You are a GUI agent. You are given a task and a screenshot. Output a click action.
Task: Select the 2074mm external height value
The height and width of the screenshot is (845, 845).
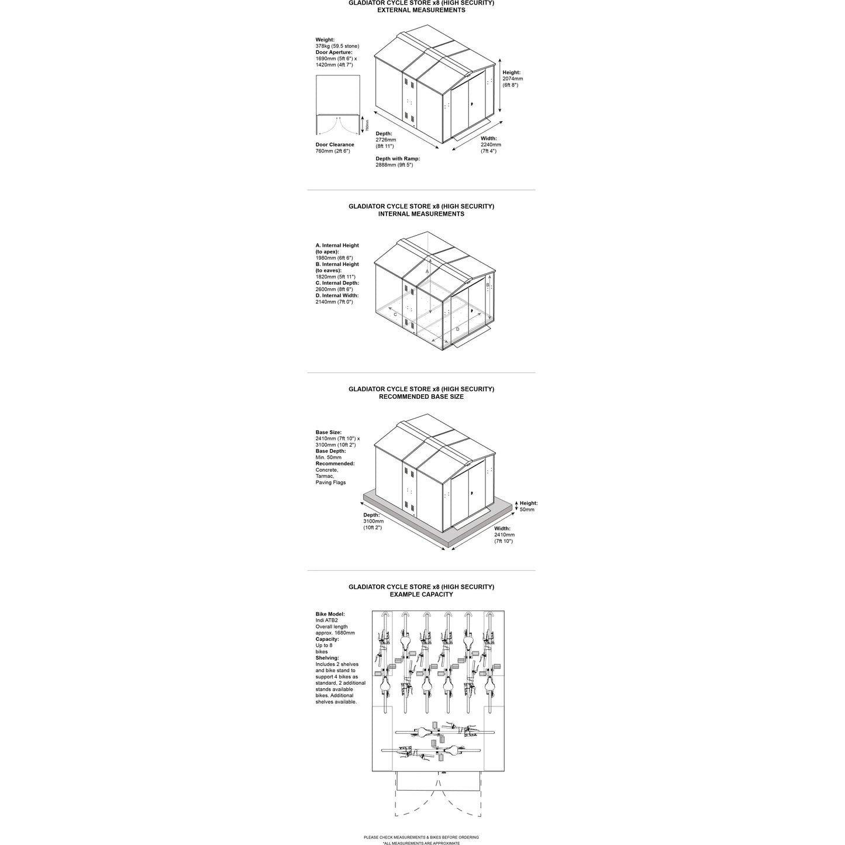pos(513,79)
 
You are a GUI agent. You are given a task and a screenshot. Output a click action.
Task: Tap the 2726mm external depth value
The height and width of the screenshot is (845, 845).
pos(386,140)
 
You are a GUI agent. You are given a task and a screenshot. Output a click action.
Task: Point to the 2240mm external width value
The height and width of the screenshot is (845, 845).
pos(491,144)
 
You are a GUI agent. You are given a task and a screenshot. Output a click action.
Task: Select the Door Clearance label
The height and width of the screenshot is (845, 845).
pos(334,144)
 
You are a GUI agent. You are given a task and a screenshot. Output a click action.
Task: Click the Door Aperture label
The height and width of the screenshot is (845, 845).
pos(334,53)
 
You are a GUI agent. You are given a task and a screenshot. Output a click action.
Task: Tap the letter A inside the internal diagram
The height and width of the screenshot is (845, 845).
pos(427,272)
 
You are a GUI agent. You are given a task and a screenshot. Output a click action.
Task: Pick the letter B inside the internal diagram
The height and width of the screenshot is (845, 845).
pos(488,285)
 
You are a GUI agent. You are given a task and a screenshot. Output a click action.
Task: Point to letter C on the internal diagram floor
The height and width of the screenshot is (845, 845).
pos(395,315)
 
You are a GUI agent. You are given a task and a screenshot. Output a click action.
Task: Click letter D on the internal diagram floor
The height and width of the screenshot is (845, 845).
pos(458,329)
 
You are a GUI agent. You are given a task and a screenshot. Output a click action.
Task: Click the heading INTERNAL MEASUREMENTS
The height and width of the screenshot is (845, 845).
pos(421,214)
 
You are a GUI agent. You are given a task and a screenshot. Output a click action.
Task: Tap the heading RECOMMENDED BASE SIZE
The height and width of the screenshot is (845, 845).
pos(421,396)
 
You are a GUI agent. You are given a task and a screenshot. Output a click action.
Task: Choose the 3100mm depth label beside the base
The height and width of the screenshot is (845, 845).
pos(373,521)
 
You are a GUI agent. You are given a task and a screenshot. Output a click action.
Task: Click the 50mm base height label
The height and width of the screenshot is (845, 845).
pos(527,509)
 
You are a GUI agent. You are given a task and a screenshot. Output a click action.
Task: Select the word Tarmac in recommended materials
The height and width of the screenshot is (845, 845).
pos(325,476)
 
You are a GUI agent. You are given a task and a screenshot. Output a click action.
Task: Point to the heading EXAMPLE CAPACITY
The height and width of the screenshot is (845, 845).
pos(421,594)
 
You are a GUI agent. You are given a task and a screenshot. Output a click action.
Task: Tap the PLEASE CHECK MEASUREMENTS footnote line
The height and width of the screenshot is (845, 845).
pos(421,837)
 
